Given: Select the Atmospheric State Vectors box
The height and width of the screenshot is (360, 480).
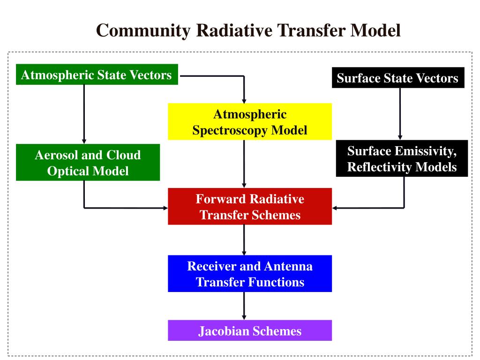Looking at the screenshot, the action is pyautogui.click(x=97, y=75).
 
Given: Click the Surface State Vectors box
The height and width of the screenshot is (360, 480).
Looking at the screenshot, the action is pyautogui.click(x=398, y=78).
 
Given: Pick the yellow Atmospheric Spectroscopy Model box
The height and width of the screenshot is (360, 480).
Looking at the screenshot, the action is pyautogui.click(x=250, y=122).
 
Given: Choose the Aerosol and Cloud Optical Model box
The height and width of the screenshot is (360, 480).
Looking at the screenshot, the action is pyautogui.click(x=88, y=162).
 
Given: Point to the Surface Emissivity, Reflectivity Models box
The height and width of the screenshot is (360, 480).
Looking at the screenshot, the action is pyautogui.click(x=402, y=158).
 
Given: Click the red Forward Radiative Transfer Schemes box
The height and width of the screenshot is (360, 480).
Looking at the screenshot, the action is pyautogui.click(x=250, y=206).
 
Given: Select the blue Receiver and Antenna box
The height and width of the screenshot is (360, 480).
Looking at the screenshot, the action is pyautogui.click(x=250, y=274).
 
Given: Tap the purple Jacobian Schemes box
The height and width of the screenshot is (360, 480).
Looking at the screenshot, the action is pyautogui.click(x=250, y=330).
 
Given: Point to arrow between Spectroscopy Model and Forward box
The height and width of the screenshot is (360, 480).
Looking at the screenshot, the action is pyautogui.click(x=244, y=164).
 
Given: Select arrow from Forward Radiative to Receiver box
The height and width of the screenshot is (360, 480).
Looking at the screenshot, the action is pyautogui.click(x=244, y=240).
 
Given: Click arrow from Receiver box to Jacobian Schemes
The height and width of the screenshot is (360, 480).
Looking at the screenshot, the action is pyautogui.click(x=244, y=306).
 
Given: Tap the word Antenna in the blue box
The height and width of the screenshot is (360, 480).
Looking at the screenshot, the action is pyautogui.click(x=288, y=266).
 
